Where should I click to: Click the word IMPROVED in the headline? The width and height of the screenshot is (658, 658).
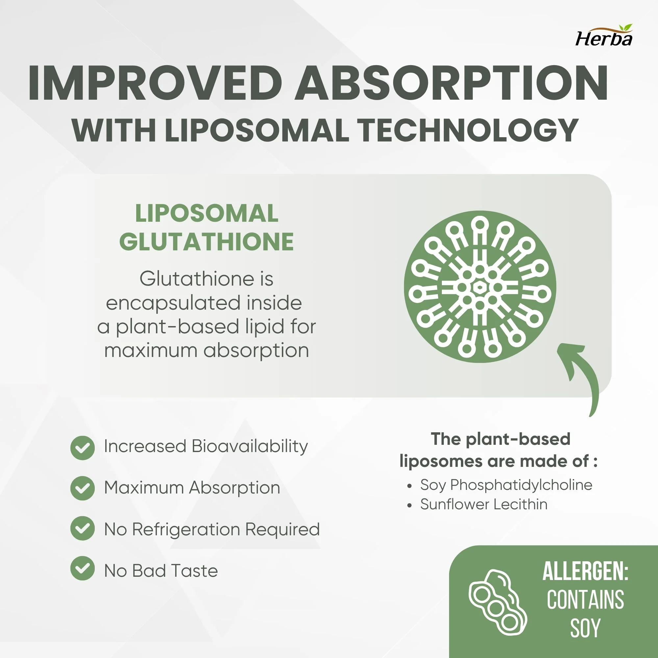pos(155,83)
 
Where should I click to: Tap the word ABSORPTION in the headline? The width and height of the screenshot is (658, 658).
pos(451,83)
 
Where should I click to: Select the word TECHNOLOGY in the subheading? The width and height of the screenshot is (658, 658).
pos(468,130)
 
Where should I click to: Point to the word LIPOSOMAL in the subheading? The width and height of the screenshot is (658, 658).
pos(258,130)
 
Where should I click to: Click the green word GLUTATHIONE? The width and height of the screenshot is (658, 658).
pos(206,242)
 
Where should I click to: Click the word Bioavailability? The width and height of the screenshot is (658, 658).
pos(250,446)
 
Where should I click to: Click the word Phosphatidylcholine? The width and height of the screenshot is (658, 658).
pos(521,485)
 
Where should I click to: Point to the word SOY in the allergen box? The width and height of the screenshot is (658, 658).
pos(585,628)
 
